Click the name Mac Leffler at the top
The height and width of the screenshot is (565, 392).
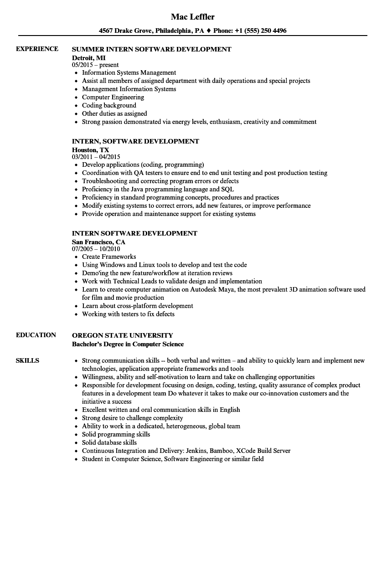(x=192, y=17)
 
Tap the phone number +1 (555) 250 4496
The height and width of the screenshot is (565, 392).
(x=261, y=31)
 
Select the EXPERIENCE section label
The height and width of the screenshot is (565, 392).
(x=37, y=49)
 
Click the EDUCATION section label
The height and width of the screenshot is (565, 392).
(x=36, y=335)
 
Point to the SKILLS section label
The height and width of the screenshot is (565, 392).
(x=27, y=360)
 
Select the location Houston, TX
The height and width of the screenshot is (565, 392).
(x=90, y=149)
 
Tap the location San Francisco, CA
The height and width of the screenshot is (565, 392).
(x=98, y=241)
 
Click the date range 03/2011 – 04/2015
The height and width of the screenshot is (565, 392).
(x=96, y=157)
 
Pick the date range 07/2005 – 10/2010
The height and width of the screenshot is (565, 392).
(x=96, y=249)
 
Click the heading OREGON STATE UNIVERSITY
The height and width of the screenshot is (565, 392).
(x=123, y=335)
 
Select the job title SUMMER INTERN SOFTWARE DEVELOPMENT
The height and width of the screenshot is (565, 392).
(x=152, y=49)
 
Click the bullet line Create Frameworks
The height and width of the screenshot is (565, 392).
(x=109, y=257)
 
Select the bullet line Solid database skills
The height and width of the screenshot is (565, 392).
(x=109, y=442)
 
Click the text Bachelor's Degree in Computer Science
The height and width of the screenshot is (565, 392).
(x=128, y=344)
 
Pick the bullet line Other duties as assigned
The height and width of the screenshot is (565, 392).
(x=114, y=113)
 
